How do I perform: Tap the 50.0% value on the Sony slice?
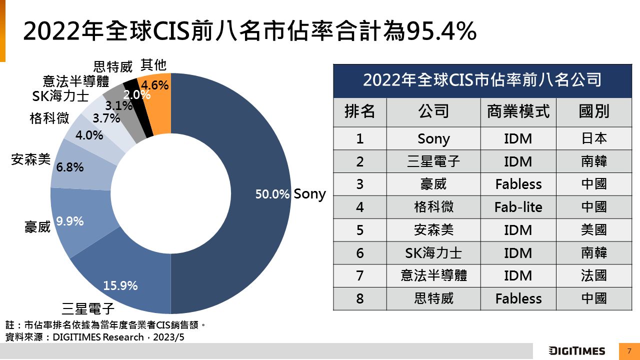272,194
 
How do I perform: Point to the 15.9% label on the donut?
120,286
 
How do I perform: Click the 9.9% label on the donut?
69,221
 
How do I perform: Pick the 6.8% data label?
70,167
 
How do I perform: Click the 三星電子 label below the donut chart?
88,307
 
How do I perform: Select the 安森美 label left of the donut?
31,160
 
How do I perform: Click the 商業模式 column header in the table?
518,111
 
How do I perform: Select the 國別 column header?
594,111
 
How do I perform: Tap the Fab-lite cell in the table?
518,207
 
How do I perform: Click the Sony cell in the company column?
433,138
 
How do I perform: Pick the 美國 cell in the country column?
594,230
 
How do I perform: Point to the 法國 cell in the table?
594,275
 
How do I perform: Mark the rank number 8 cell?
360,298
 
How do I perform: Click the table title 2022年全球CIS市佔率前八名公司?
482,80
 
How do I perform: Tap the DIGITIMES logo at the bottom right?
577,351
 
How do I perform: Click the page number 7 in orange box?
629,351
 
